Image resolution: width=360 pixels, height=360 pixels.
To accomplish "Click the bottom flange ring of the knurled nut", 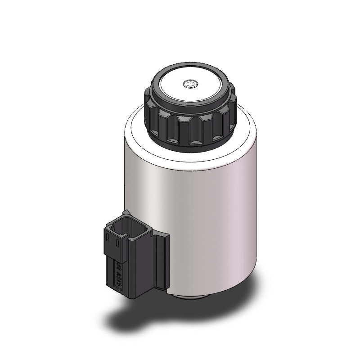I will tap(189, 145).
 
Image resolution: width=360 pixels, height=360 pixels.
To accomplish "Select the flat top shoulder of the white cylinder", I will tap(135, 130).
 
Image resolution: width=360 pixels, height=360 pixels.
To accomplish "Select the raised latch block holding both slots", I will tap(112, 243).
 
